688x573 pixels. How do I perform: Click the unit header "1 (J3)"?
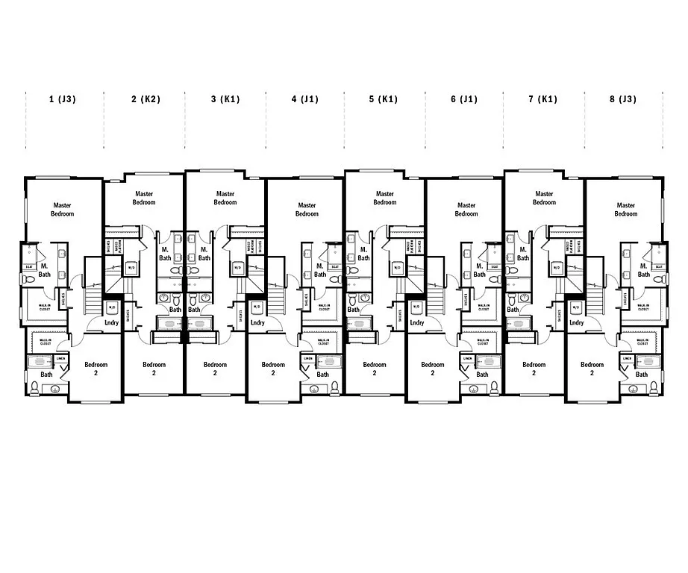pyautogui.click(x=63, y=98)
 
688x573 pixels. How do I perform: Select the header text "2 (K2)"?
pyautogui.click(x=146, y=98)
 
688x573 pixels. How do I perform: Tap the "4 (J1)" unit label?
pyautogui.click(x=305, y=98)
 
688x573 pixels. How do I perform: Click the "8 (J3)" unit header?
pyautogui.click(x=624, y=98)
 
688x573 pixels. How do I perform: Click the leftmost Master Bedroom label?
pyautogui.click(x=63, y=210)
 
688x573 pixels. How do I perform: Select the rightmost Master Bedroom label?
pyautogui.click(x=625, y=210)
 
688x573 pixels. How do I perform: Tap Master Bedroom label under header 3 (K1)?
pyautogui.click(x=225, y=198)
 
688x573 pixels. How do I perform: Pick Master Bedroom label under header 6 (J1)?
pyautogui.click(x=466, y=210)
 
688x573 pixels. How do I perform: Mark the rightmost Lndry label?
pyautogui.click(x=576, y=323)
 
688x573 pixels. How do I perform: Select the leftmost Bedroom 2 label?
pyautogui.click(x=96, y=369)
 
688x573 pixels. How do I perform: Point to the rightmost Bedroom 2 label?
pyautogui.click(x=592, y=369)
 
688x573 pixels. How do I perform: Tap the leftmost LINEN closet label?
pyautogui.click(x=60, y=359)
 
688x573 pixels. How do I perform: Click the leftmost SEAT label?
pyautogui.click(x=30, y=266)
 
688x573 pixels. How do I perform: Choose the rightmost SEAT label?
pyautogui.click(x=658, y=266)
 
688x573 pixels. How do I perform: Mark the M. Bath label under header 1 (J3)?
pyautogui.click(x=44, y=270)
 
